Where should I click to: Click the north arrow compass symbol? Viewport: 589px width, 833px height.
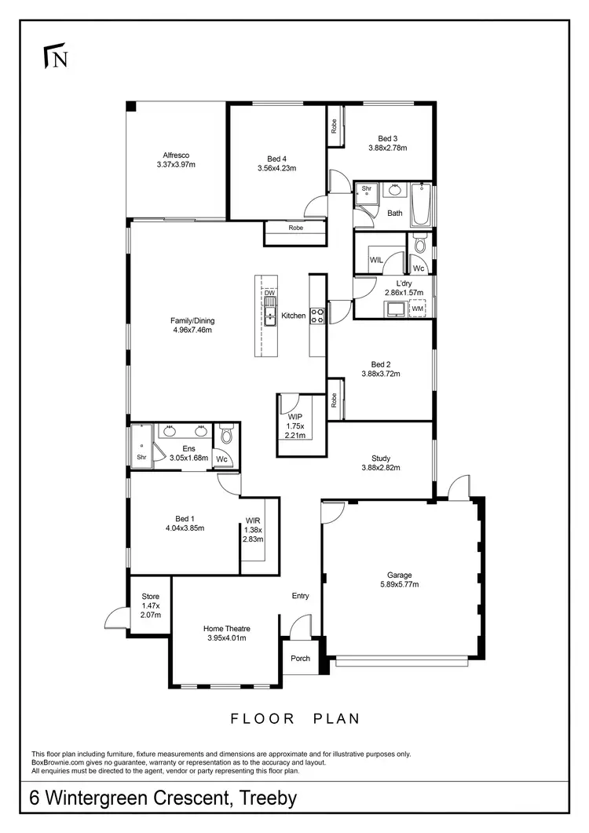pos(56,57)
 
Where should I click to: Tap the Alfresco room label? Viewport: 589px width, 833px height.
pos(176,155)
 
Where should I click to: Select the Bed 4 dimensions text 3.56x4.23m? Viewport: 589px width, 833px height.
pos(276,167)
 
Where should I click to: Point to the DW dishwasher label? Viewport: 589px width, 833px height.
pos(269,293)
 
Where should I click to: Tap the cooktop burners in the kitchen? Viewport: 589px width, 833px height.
pos(319,316)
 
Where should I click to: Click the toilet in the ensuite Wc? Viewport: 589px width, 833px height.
pos(227,433)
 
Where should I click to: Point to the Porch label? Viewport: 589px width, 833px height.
pos(300,658)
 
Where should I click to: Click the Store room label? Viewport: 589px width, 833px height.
pos(150,597)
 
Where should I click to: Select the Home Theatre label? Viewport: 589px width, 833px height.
pos(227,628)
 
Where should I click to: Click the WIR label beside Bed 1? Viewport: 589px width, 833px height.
pos(253,521)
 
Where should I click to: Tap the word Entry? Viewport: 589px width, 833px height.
pos(301,596)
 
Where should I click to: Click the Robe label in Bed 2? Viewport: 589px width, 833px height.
pos(335,400)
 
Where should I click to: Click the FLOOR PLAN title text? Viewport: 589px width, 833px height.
pos(294,718)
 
